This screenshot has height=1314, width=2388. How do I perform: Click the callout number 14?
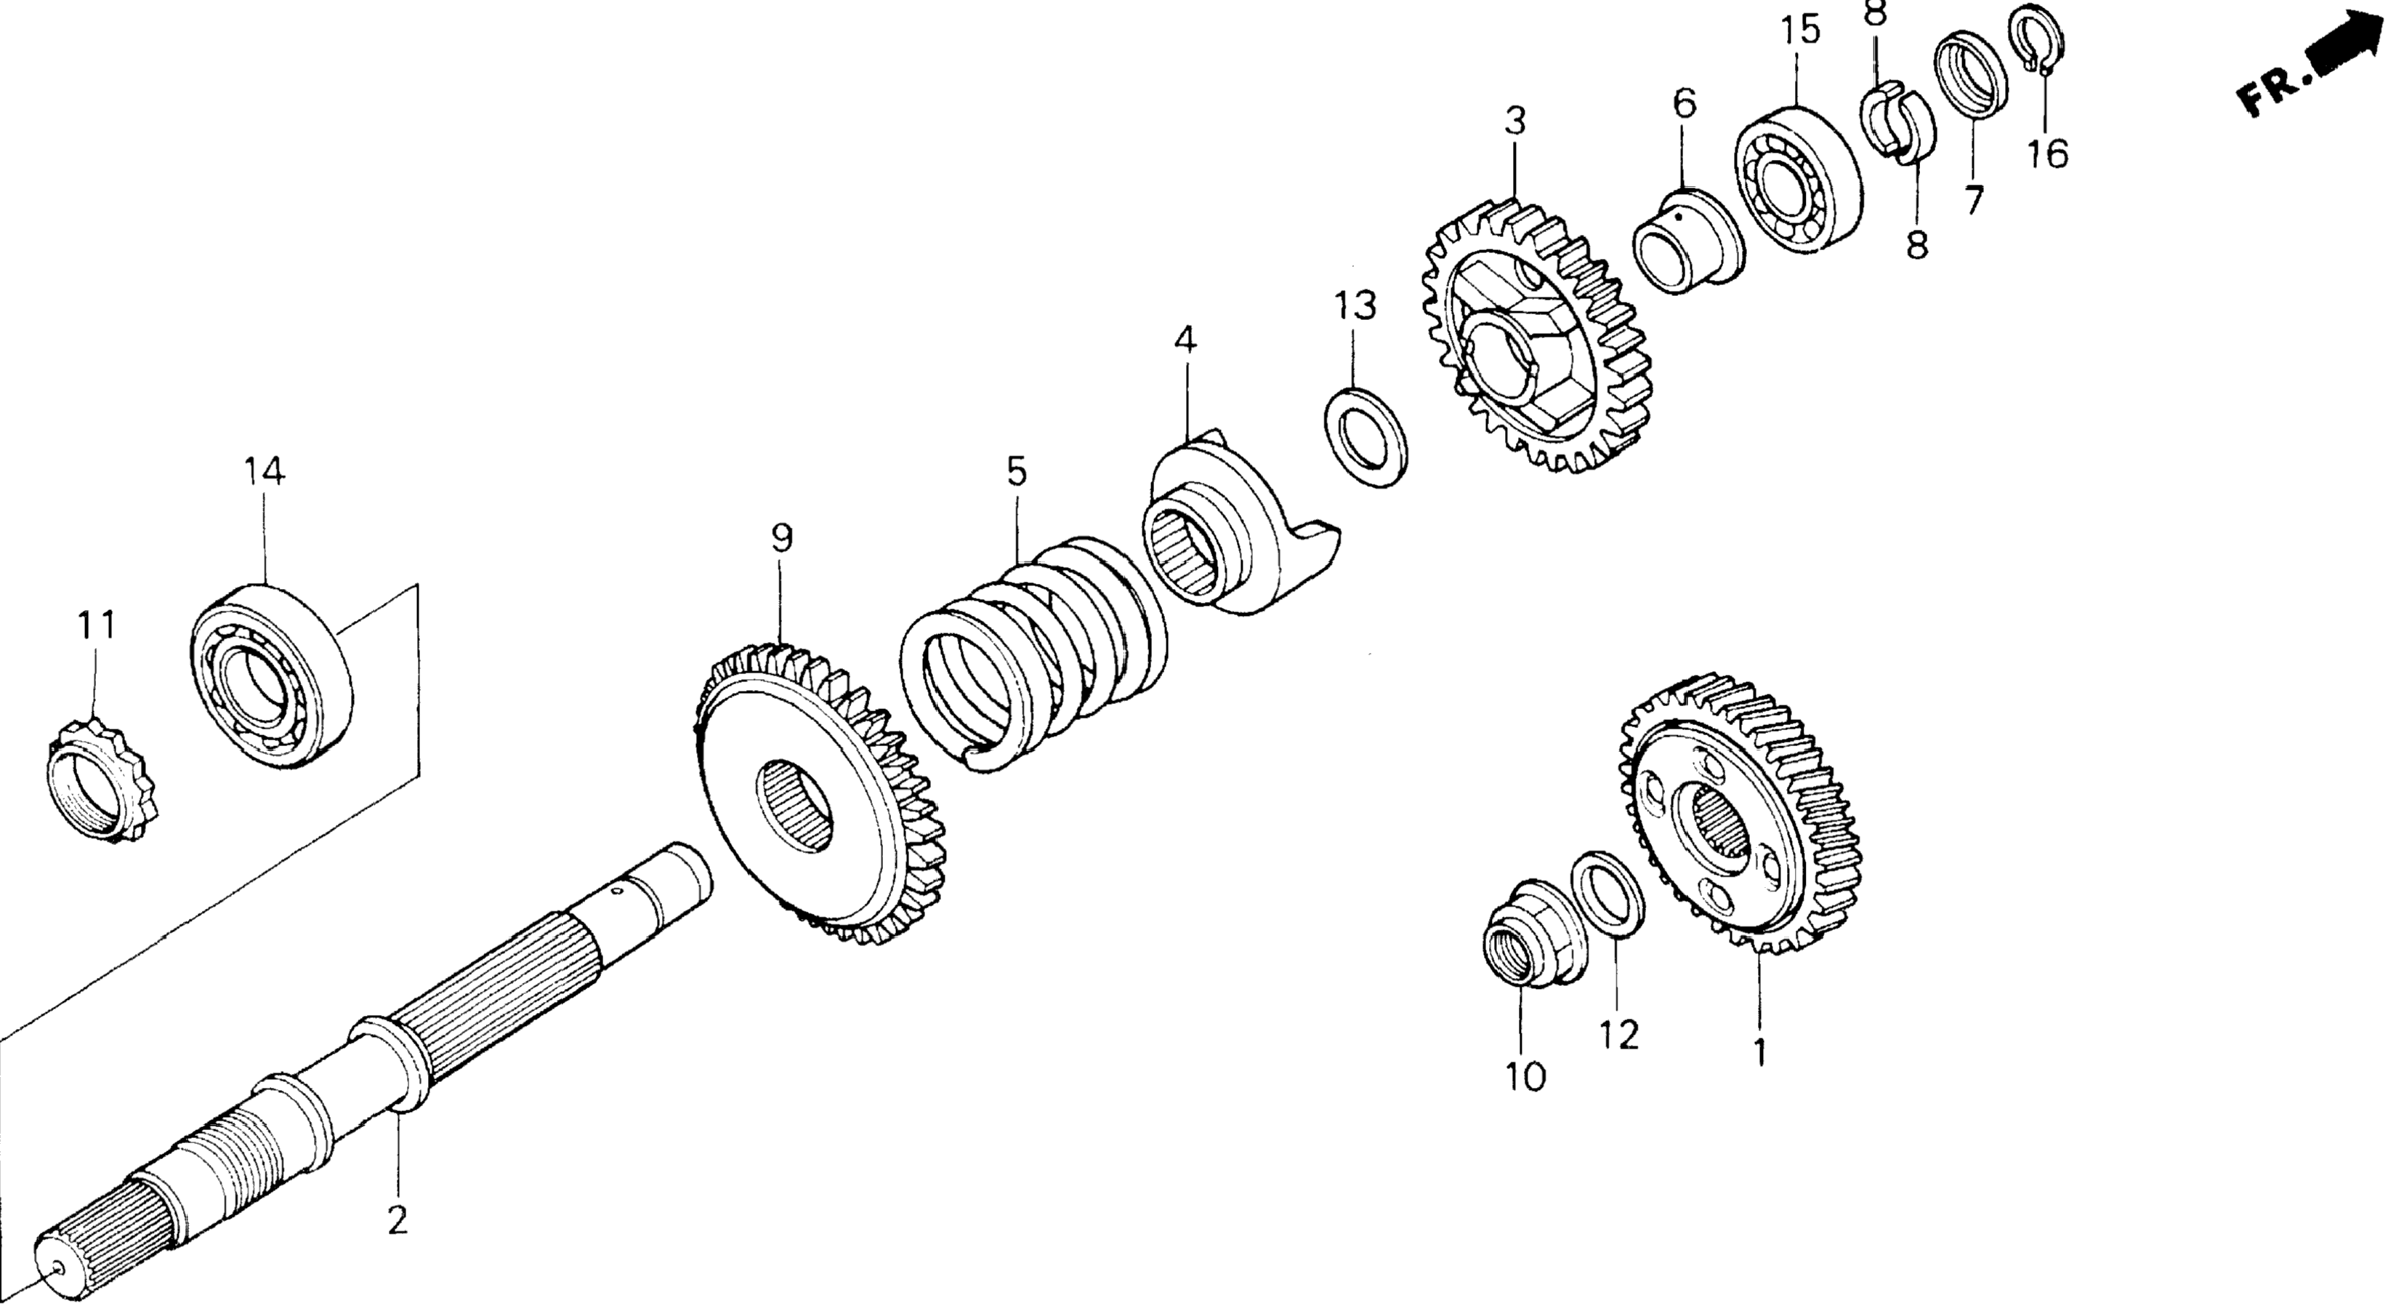pos(265,472)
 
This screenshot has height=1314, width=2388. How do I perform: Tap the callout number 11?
pos(97,626)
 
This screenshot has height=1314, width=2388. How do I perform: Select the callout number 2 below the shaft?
pos(397,1221)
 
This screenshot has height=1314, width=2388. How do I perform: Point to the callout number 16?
pos(2047,153)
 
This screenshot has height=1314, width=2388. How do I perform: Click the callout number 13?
pos(1355,305)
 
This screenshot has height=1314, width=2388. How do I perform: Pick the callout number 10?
pos(1525,1077)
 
